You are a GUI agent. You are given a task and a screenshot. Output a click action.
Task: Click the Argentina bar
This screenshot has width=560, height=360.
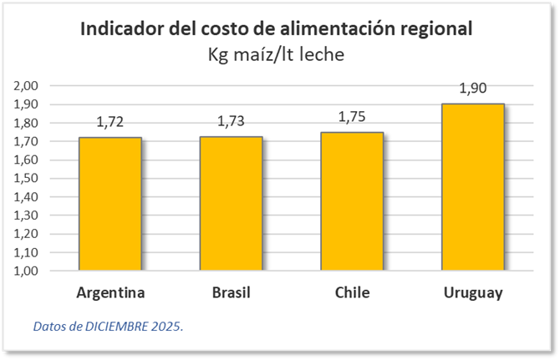click(110, 204)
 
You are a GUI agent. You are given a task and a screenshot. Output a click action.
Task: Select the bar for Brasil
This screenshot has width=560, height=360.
click(232, 204)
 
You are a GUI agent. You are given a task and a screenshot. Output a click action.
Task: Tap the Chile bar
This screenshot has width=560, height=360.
click(352, 201)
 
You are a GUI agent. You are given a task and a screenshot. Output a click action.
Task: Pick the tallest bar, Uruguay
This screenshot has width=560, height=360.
click(473, 187)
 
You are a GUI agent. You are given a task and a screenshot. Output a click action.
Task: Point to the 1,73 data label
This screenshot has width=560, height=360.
click(232, 122)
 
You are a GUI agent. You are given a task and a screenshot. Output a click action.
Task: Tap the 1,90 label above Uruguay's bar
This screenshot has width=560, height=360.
click(473, 89)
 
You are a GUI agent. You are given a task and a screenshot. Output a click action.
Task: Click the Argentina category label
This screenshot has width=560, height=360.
click(110, 293)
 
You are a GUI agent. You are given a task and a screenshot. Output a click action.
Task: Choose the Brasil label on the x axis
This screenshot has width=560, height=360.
click(232, 293)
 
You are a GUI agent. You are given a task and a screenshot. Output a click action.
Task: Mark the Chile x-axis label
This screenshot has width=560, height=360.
click(352, 293)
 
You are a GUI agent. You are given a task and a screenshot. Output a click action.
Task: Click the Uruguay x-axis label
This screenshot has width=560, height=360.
click(473, 293)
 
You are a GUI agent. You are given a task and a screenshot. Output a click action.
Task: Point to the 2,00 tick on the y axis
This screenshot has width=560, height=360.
click(28, 86)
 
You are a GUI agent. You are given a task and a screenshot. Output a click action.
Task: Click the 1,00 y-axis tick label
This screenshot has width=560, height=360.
click(28, 271)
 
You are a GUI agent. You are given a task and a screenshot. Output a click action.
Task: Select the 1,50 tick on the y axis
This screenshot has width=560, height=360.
click(28, 179)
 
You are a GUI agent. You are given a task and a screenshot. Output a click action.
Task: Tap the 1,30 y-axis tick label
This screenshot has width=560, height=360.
click(28, 215)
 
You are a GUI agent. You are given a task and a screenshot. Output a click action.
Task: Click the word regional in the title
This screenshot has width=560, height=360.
click(431, 28)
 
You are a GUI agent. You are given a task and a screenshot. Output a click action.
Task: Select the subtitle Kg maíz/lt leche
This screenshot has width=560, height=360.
click(276, 54)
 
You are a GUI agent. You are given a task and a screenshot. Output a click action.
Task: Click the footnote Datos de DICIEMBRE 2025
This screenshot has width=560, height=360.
click(108, 326)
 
